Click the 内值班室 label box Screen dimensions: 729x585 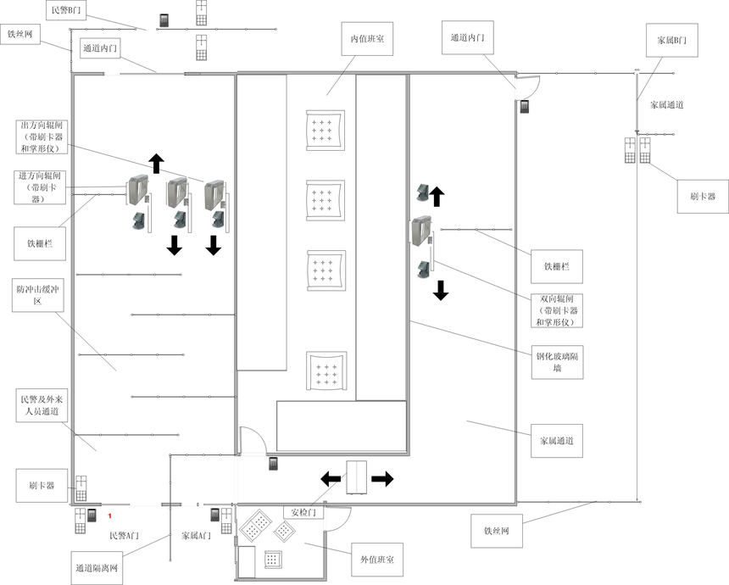coord(367,39)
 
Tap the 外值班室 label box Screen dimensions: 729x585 coord(377,560)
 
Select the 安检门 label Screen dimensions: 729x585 coord(303,512)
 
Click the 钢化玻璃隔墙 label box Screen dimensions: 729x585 coord(557,362)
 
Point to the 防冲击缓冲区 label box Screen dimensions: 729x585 coord(37,295)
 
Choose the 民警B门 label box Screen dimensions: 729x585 coord(66,10)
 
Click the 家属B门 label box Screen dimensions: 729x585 coord(672,40)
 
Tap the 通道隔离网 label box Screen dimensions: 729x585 coord(97,568)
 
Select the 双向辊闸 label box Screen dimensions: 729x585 coord(557,310)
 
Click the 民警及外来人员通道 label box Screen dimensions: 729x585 coord(42,405)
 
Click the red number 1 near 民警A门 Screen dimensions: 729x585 coord(109,515)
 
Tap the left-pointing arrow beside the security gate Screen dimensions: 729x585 coord(331,478)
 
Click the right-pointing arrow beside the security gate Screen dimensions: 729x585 coord(382,478)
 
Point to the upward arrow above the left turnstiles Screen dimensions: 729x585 coord(157,164)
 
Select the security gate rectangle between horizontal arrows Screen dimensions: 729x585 coord(357,477)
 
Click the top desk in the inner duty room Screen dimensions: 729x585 coord(326,131)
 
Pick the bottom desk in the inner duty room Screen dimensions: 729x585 coord(326,371)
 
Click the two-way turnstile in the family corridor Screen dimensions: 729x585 coord(421,231)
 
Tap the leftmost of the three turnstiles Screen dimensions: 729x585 coord(138,189)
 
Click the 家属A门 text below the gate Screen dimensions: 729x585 coord(196,536)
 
